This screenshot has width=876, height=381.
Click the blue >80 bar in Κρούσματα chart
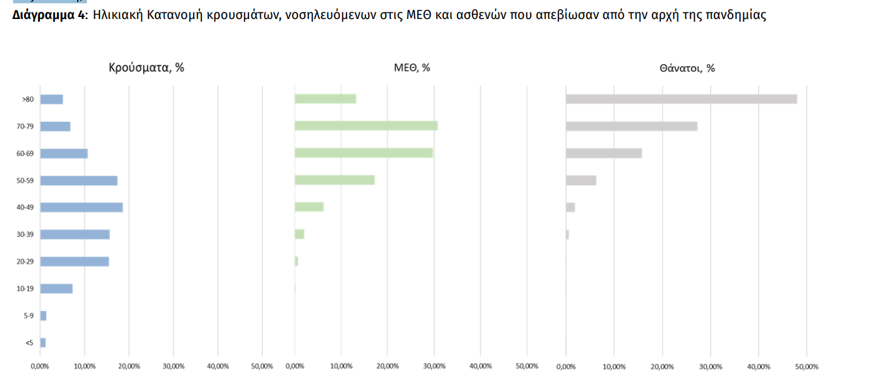pyautogui.click(x=52, y=100)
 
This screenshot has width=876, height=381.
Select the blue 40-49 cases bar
pyautogui.click(x=82, y=208)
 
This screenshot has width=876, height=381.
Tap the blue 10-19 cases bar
pyautogui.click(x=56, y=289)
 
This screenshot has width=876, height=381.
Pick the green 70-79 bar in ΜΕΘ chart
pyautogui.click(x=366, y=126)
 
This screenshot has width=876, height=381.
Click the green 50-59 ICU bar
pyautogui.click(x=335, y=180)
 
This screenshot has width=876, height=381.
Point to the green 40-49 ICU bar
pyautogui.click(x=309, y=207)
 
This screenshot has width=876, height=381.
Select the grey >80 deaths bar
pyautogui.click(x=681, y=99)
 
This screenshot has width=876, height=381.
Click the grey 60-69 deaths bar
pyautogui.click(x=603, y=153)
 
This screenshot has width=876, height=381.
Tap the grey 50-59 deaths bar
pyautogui.click(x=581, y=180)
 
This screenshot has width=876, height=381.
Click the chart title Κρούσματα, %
pyautogui.click(x=146, y=67)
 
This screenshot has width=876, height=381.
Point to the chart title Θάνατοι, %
pyautogui.click(x=687, y=67)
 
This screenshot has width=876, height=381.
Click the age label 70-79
pyautogui.click(x=25, y=126)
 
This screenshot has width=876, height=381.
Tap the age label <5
pyautogui.click(x=29, y=342)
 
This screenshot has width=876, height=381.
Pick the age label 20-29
pyautogui.click(x=25, y=261)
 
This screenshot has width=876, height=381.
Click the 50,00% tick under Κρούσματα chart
pyautogui.click(x=262, y=366)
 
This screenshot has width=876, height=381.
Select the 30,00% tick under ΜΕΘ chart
pyautogui.click(x=434, y=366)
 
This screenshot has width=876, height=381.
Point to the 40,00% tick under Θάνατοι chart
pyautogui.click(x=758, y=366)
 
